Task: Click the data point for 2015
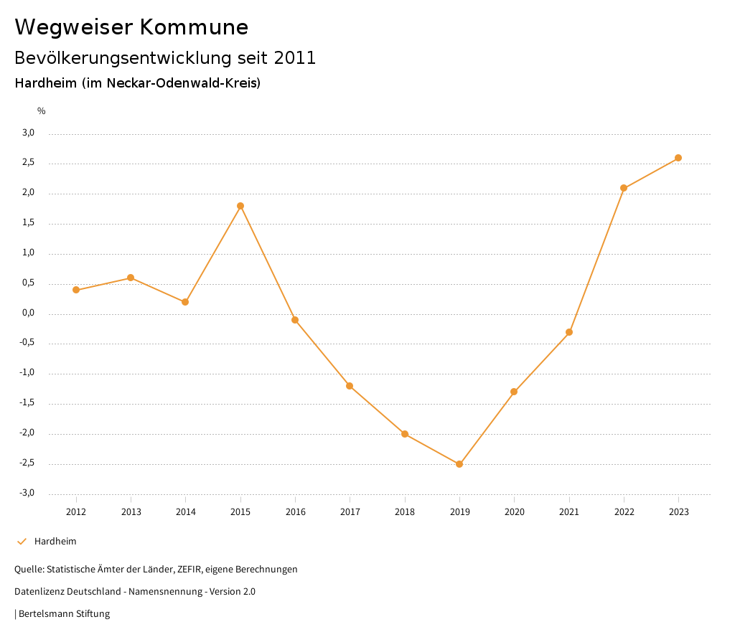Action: click(x=240, y=206)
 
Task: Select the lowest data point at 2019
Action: click(x=459, y=464)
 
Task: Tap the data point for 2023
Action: click(x=678, y=158)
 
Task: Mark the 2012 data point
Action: click(x=76, y=290)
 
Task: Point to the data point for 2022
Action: click(x=624, y=188)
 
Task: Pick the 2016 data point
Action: click(x=295, y=320)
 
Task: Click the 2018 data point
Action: click(x=405, y=434)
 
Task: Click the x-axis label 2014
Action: click(x=186, y=511)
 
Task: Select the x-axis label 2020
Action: click(x=515, y=511)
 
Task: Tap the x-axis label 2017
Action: click(x=350, y=511)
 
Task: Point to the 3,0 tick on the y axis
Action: click(x=29, y=133)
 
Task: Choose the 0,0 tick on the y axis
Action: click(x=29, y=313)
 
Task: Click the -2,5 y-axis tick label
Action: click(x=27, y=463)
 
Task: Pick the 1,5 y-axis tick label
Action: click(x=29, y=223)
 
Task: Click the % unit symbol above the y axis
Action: click(x=42, y=111)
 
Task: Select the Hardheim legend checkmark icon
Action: click(x=22, y=542)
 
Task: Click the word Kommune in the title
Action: click(x=194, y=27)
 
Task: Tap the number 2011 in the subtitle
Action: click(x=294, y=58)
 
